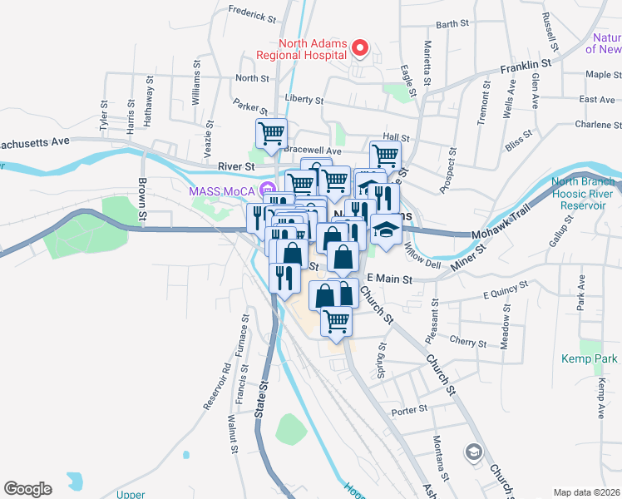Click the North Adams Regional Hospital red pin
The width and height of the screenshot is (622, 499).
click(x=360, y=48)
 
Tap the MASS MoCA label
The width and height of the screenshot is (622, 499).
click(x=221, y=190)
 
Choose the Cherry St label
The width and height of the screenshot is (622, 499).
click(x=468, y=343)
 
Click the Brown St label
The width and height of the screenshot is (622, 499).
click(x=142, y=200)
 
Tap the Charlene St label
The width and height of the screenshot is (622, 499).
click(x=598, y=125)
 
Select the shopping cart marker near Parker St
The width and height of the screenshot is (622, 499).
click(x=271, y=132)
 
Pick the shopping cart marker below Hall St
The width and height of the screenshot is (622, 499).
click(x=385, y=155)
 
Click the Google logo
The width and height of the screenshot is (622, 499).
click(x=27, y=489)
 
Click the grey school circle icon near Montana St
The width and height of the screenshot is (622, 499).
click(x=473, y=452)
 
